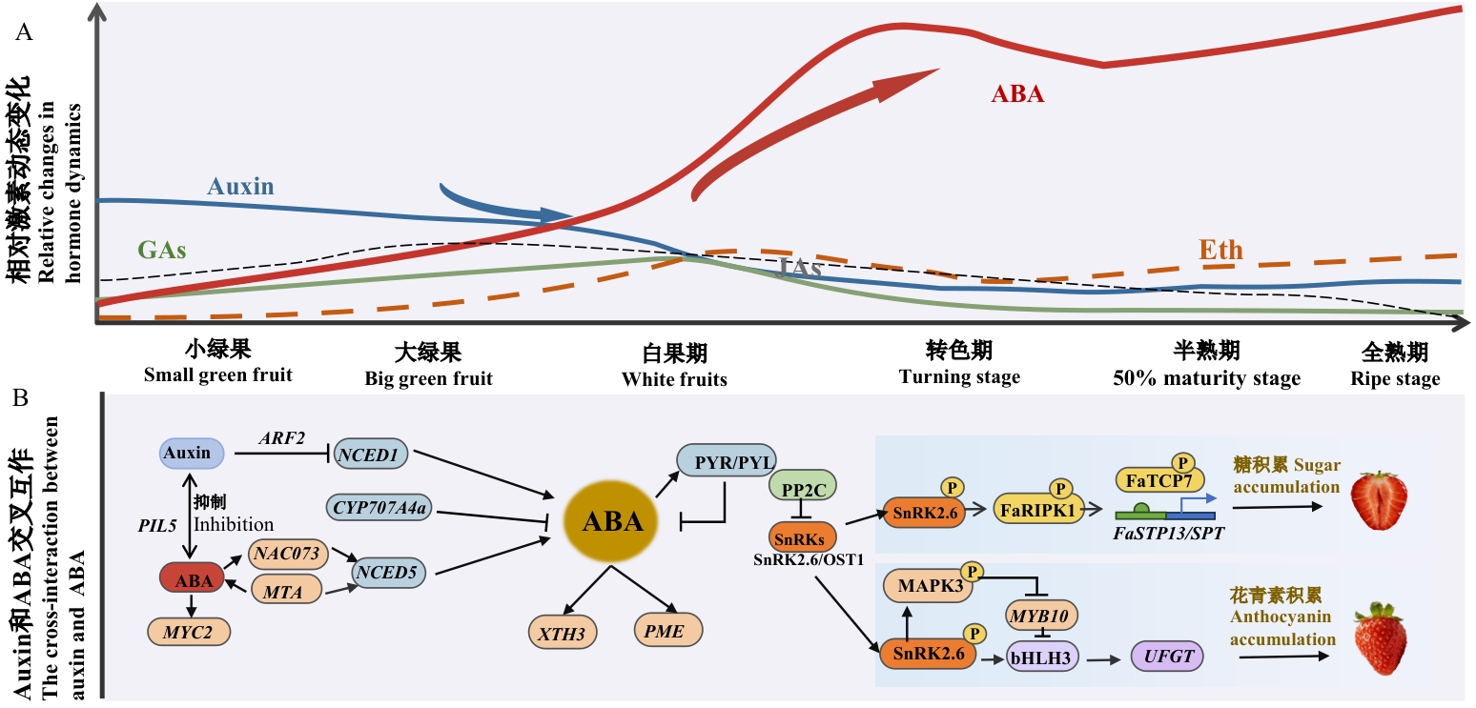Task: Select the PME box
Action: coord(667,629)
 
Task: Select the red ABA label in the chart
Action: coord(1017,93)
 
